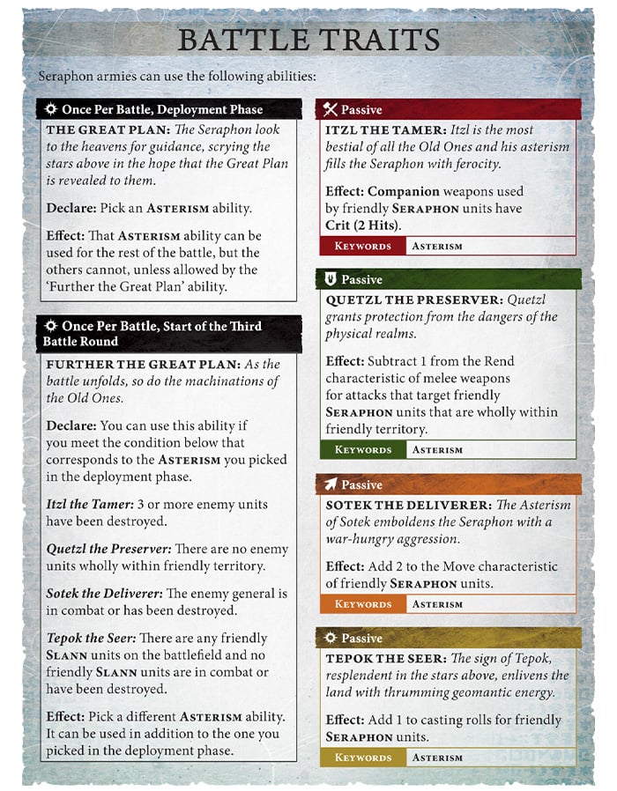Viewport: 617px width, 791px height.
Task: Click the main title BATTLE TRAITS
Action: [x=308, y=40]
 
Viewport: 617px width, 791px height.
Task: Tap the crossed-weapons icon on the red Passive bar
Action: [x=331, y=110]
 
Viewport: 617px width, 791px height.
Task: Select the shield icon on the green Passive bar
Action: [x=331, y=279]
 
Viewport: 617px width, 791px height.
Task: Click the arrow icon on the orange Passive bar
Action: [x=331, y=484]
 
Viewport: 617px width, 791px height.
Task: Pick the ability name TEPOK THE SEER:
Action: [x=385, y=658]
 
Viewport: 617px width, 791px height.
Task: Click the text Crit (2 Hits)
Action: [x=363, y=225]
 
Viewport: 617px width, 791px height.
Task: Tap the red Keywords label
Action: [x=362, y=247]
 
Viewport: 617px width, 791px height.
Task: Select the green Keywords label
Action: [x=362, y=450]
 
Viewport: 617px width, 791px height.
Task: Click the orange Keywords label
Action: [x=362, y=604]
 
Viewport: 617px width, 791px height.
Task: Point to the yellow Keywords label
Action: [x=362, y=758]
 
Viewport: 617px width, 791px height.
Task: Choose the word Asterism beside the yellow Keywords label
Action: [x=437, y=758]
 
